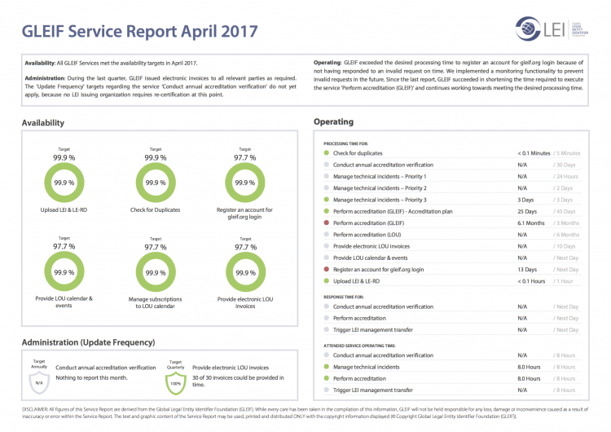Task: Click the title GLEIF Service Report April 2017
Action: click(x=139, y=32)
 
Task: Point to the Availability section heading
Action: click(x=43, y=123)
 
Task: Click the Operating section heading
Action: click(x=333, y=122)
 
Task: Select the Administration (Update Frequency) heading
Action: click(x=88, y=342)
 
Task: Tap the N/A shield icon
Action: click(x=37, y=381)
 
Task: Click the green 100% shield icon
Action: click(x=175, y=381)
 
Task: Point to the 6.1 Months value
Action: click(x=530, y=223)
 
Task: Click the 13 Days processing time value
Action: click(x=527, y=269)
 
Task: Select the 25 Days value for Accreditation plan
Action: click(x=527, y=211)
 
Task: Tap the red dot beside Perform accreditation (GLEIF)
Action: click(x=326, y=223)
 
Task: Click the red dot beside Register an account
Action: click(x=326, y=269)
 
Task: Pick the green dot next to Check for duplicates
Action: click(x=326, y=152)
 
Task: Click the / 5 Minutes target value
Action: click(x=566, y=152)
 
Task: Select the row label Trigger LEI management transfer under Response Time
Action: click(x=373, y=330)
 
